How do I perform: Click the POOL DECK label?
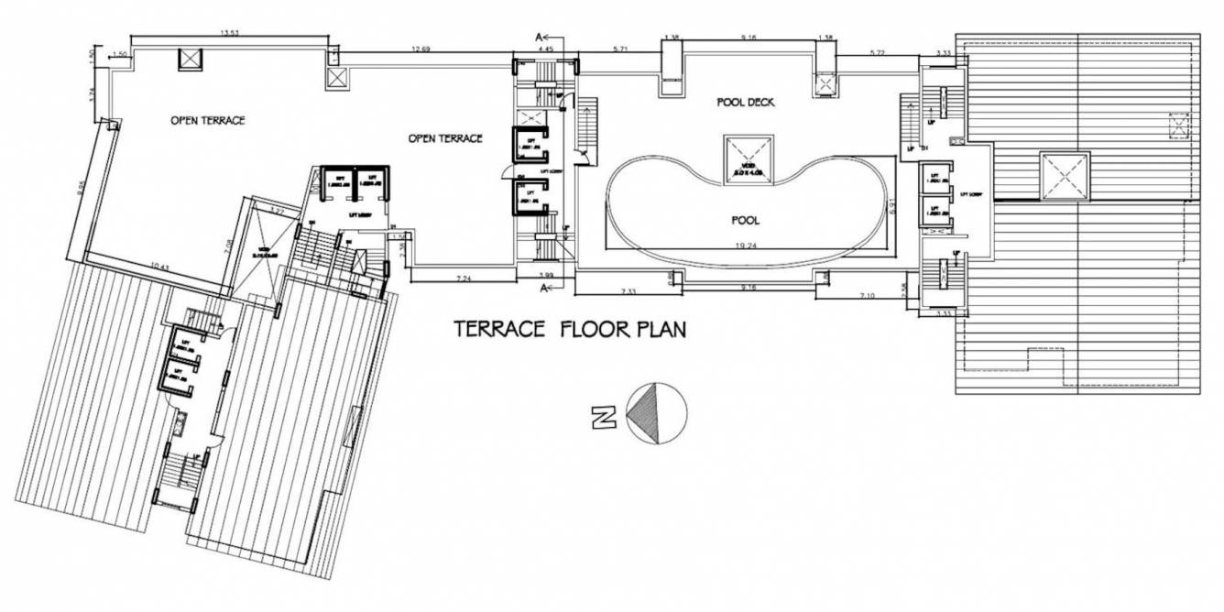(x=745, y=103)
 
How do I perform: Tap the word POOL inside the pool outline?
(x=745, y=220)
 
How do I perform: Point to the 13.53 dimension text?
(x=229, y=34)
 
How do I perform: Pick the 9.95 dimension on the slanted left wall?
(x=82, y=189)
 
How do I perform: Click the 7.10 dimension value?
(x=869, y=295)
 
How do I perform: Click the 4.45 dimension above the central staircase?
(x=546, y=49)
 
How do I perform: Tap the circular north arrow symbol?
(x=656, y=413)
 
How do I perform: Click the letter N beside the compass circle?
(x=602, y=418)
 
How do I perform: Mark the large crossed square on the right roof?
(x=1064, y=176)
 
